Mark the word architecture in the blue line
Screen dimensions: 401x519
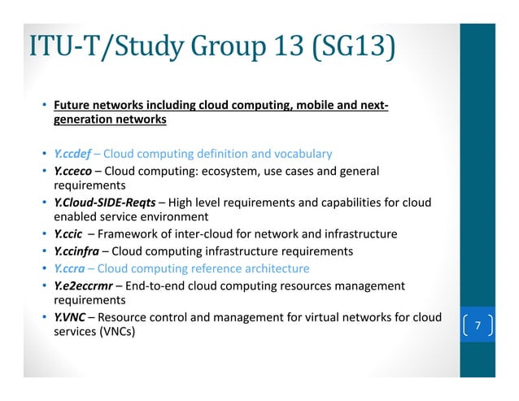coord(277,268)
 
